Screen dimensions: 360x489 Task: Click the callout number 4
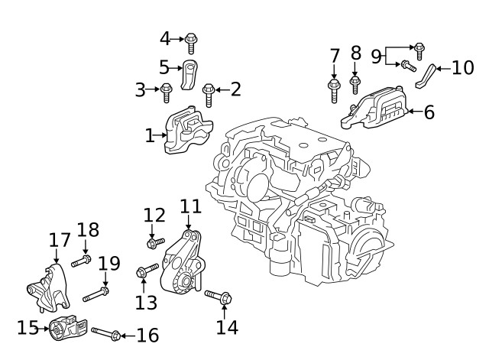click(165, 38)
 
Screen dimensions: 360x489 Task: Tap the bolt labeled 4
click(191, 41)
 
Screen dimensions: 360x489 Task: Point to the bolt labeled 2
click(208, 95)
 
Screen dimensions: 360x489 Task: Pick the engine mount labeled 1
click(186, 133)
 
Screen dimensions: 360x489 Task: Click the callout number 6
click(429, 112)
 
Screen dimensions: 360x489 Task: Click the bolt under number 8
click(355, 83)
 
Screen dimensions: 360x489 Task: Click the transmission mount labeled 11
click(185, 264)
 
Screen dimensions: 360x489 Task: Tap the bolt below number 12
click(155, 243)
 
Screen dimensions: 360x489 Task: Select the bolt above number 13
click(146, 271)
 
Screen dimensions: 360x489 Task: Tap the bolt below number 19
click(96, 293)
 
